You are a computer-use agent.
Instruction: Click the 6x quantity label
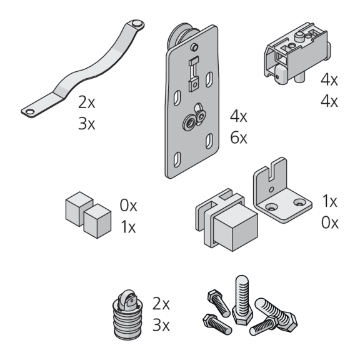(x=239, y=137)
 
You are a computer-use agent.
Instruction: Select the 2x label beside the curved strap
(x=86, y=102)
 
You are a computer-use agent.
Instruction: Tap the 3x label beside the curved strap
(x=86, y=124)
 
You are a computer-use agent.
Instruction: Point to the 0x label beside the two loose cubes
(x=128, y=206)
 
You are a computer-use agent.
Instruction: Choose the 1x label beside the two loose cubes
(x=128, y=227)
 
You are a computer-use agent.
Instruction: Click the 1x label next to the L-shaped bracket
(x=330, y=201)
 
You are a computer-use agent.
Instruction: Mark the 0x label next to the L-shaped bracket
(x=330, y=222)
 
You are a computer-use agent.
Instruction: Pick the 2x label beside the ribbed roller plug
(x=161, y=304)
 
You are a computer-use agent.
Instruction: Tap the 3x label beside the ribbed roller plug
(x=161, y=325)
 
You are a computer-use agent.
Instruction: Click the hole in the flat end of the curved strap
(x=30, y=112)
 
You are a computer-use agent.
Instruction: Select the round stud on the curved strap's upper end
(x=137, y=23)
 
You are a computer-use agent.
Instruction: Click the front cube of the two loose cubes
(x=97, y=221)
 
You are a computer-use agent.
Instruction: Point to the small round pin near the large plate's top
(x=194, y=47)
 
